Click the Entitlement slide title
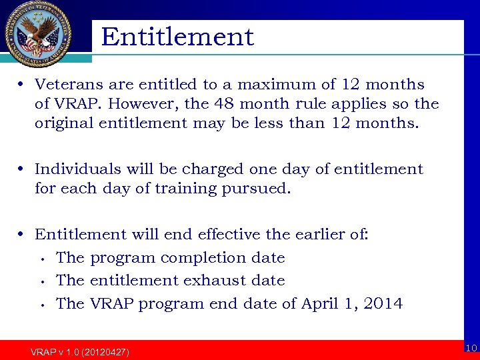click(177, 37)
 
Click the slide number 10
click(471, 348)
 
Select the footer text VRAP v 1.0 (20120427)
click(80, 351)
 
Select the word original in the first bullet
click(63, 123)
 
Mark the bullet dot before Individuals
click(22, 170)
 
